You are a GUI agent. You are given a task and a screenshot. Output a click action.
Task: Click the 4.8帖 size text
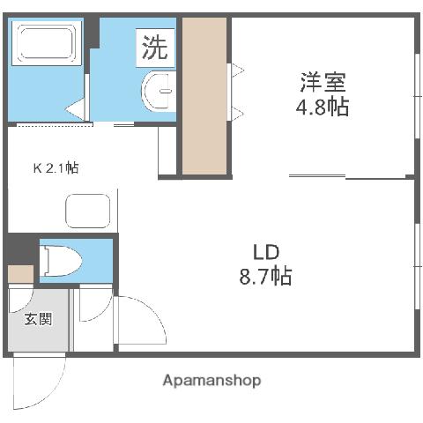click(321, 108)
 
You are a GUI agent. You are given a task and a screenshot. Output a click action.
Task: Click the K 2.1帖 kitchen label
click(56, 167)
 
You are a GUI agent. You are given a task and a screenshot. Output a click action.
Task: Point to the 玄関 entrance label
click(38, 318)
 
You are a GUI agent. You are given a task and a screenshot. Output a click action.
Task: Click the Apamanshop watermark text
click(211, 381)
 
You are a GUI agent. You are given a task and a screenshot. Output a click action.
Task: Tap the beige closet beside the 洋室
click(205, 95)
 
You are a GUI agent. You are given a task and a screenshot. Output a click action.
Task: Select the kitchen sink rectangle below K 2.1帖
click(88, 212)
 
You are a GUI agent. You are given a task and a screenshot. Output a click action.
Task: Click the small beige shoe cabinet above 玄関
click(19, 273)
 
